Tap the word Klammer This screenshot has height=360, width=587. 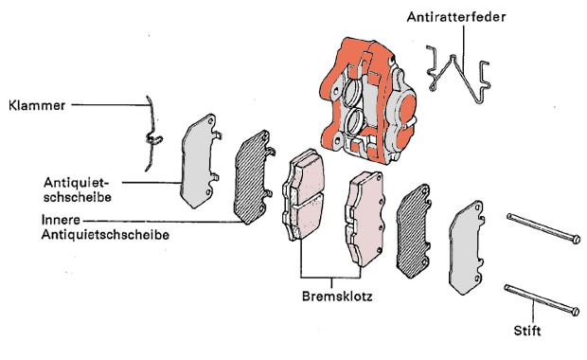point(37,106)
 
